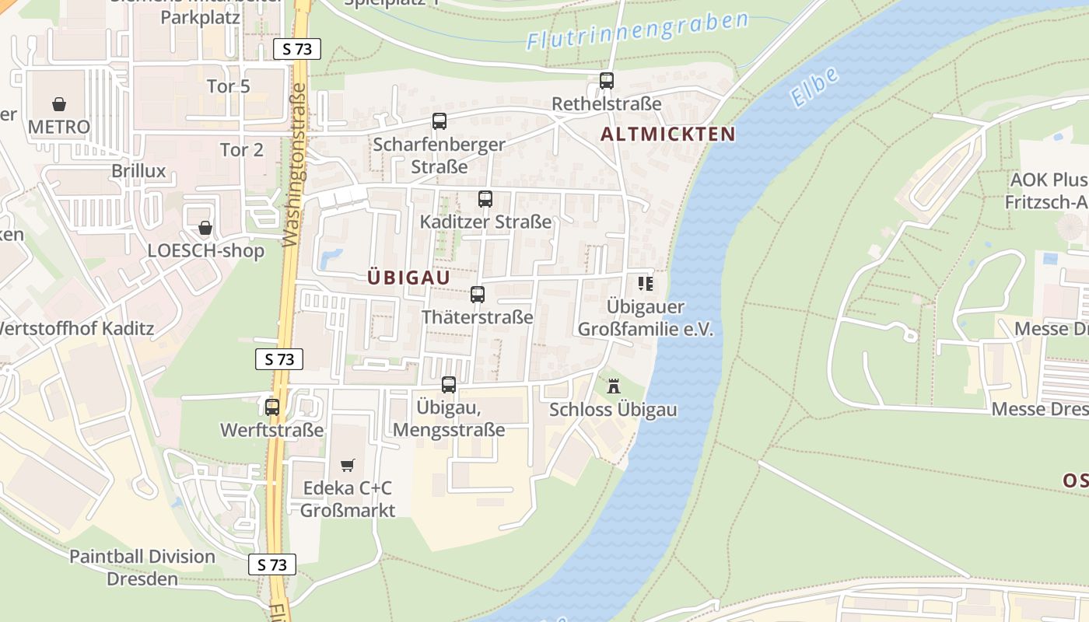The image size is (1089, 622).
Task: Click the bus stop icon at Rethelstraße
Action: pos(607,80)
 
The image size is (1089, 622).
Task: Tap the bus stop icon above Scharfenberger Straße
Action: pos(439,121)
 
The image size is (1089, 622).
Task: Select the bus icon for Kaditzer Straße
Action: pos(485,199)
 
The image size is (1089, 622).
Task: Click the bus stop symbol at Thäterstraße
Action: pos(478,295)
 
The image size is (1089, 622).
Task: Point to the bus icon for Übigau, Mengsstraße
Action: pos(449,385)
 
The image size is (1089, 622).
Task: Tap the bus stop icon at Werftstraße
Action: pos(272,407)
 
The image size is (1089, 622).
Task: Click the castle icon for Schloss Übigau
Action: pos(614,386)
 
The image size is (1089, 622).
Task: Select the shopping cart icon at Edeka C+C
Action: pos(348,465)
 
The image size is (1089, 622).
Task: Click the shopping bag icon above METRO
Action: pos(59,103)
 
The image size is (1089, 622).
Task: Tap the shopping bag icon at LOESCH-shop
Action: pos(205,228)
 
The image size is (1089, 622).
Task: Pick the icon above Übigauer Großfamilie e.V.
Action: pos(646,284)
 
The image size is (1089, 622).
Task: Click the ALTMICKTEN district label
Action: pos(667,134)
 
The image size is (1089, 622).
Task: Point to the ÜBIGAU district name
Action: pos(408,278)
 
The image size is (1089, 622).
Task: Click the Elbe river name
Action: pos(814,86)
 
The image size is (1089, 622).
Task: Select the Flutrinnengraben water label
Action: pos(637,31)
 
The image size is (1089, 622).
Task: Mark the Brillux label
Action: pos(138,171)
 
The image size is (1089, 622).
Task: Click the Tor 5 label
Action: pos(229,86)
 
